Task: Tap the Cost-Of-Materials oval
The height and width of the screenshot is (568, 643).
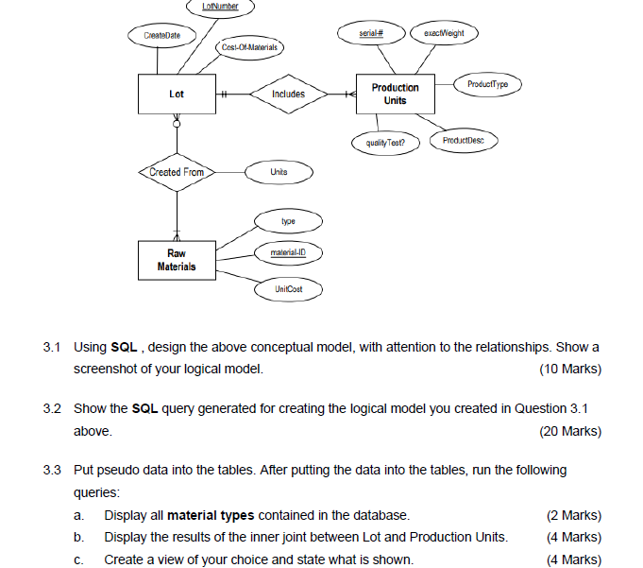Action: [x=248, y=46]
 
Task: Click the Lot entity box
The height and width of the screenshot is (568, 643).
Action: [x=177, y=94]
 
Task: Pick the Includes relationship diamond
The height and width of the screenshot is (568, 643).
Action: [x=288, y=94]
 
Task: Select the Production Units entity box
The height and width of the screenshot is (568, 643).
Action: [x=395, y=94]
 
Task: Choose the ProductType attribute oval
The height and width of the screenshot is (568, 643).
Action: [x=487, y=85]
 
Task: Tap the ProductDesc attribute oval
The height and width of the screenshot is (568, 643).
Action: [x=463, y=141]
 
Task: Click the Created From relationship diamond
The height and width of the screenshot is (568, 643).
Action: [x=177, y=172]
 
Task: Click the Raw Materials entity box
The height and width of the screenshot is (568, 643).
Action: [x=177, y=260]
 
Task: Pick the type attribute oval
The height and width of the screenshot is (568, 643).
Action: [x=288, y=221]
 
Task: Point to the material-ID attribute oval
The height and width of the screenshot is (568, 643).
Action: [x=288, y=253]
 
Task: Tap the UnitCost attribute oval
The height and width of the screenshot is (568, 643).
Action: [x=288, y=287]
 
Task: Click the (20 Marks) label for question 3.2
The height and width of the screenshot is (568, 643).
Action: [x=569, y=431]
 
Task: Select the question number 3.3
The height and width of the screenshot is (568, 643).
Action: [x=53, y=470]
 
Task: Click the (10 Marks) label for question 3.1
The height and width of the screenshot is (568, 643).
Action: [x=569, y=369]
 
